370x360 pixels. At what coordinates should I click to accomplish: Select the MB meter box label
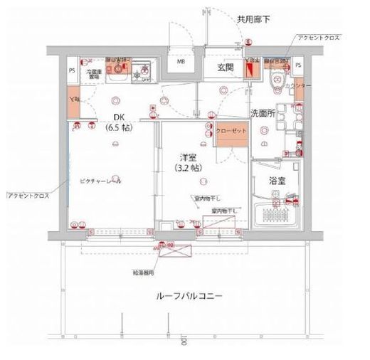(181, 70)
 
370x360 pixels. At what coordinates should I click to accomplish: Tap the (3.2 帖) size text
(187, 168)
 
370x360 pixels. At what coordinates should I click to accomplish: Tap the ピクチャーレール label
(100, 181)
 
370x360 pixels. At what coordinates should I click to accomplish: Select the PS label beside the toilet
(297, 65)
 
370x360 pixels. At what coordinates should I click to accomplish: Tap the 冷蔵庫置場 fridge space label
(95, 73)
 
